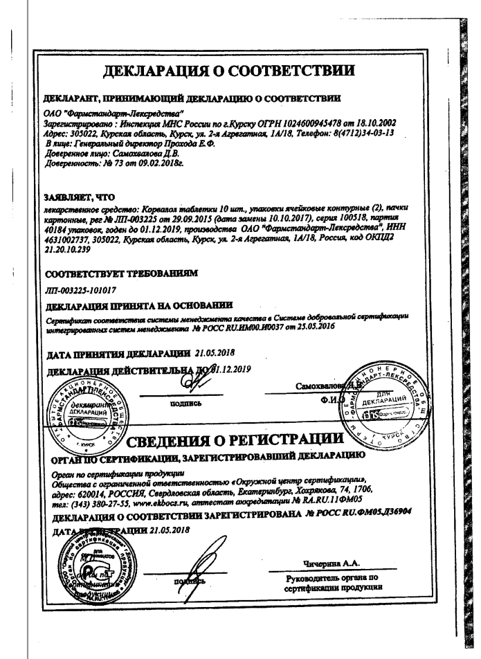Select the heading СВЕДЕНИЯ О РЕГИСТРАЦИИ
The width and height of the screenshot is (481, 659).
(266, 441)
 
